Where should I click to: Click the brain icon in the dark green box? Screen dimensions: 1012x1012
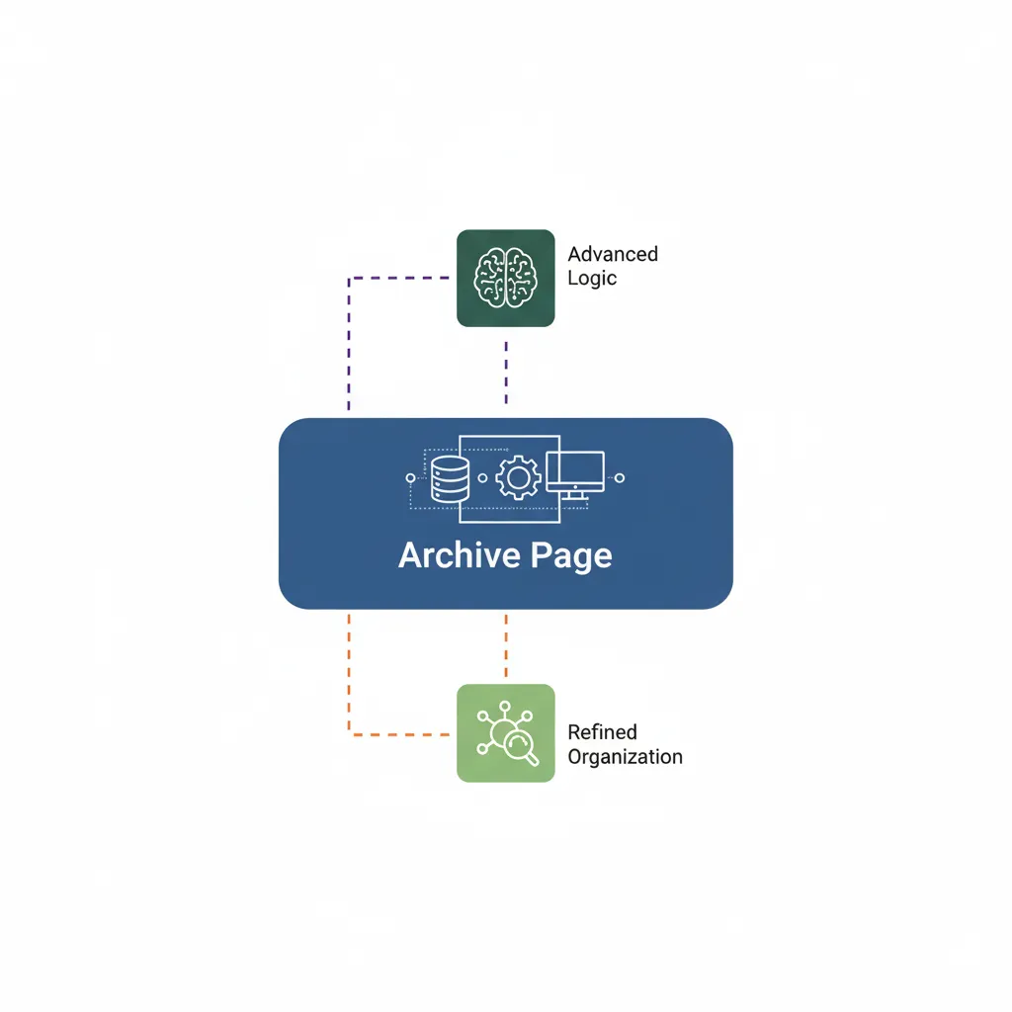point(505,277)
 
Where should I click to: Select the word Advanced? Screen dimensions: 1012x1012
point(612,254)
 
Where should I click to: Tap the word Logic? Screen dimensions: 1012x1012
point(591,278)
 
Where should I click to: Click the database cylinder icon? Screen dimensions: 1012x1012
point(449,478)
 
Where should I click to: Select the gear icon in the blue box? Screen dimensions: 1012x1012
point(517,477)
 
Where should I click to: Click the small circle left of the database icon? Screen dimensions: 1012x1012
point(411,478)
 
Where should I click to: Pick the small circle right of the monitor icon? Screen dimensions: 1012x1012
point(620,478)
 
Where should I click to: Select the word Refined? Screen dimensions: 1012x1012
point(602,732)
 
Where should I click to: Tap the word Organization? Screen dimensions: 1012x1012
point(625,757)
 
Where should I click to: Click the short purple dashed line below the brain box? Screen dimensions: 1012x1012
point(506,373)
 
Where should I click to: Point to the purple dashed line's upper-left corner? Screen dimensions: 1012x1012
point(349,279)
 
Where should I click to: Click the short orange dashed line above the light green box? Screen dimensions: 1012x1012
point(506,642)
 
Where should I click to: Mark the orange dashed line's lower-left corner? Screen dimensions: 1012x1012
point(349,733)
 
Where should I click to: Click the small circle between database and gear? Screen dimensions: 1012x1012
point(481,478)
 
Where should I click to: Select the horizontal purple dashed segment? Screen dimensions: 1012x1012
point(399,279)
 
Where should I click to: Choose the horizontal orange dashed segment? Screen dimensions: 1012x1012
point(399,733)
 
